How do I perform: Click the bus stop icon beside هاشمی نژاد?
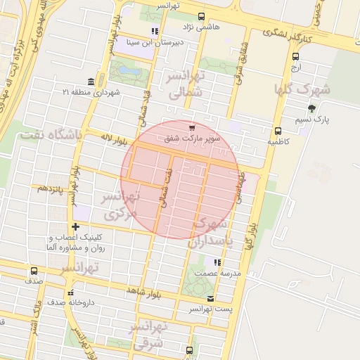pyautogui.click(x=202, y=16)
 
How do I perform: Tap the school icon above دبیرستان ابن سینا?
pyautogui.click(x=155, y=31)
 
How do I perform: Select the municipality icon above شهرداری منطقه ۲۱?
pyautogui.click(x=91, y=82)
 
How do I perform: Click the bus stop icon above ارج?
pyautogui.click(x=295, y=58)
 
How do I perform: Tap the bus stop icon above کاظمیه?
pyautogui.click(x=278, y=131)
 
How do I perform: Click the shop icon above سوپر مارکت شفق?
pyautogui.click(x=192, y=127)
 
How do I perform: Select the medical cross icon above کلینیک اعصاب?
pyautogui.click(x=75, y=226)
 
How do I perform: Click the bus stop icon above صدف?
pyautogui.click(x=34, y=270)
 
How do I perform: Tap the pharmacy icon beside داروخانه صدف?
pyautogui.click(x=70, y=292)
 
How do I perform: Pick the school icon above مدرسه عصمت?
pyautogui.click(x=216, y=262)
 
